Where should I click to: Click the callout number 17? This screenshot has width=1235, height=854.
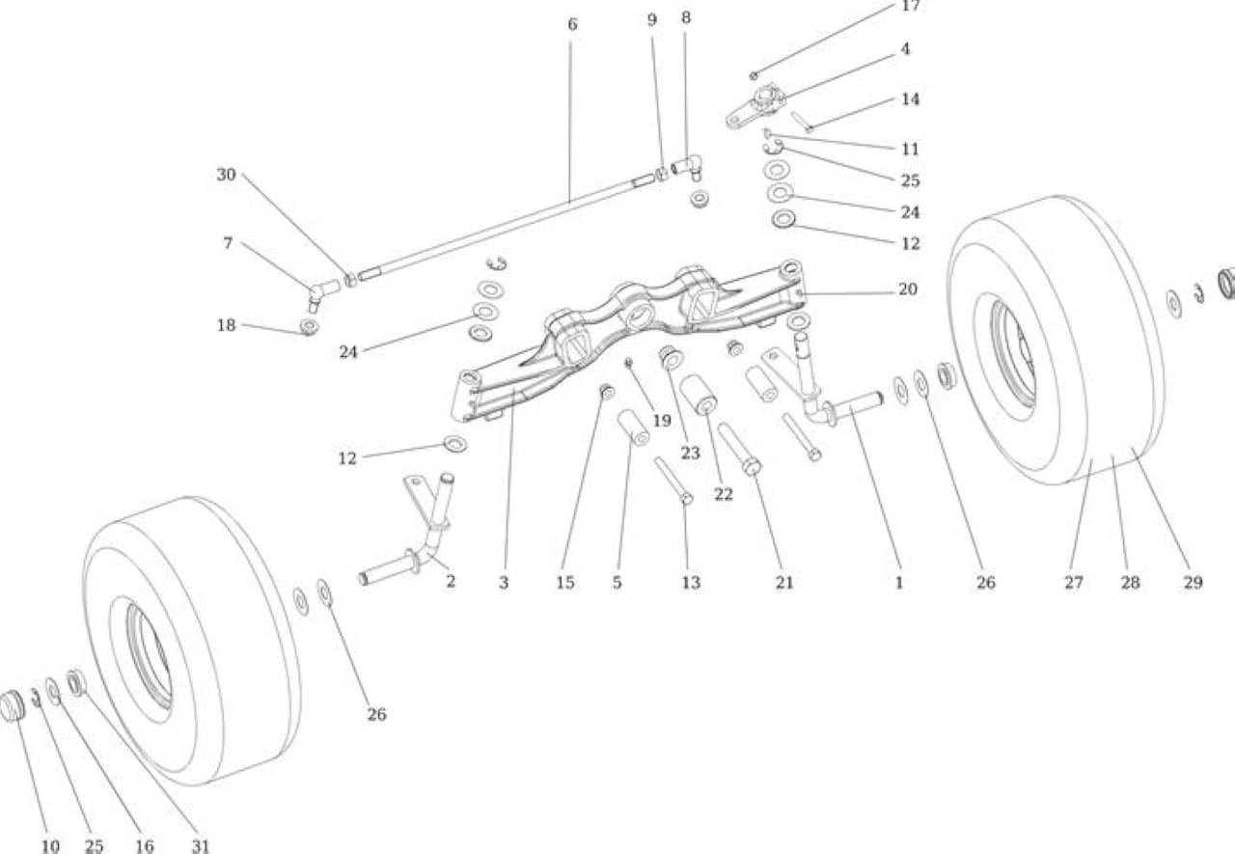(x=910, y=6)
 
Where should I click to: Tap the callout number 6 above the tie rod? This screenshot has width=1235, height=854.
(x=572, y=24)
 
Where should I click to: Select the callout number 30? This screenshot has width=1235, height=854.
(x=226, y=175)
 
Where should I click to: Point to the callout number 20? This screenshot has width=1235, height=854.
(x=908, y=289)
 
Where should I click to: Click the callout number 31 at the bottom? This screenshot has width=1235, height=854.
(x=201, y=845)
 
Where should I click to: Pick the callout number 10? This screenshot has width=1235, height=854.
(x=50, y=845)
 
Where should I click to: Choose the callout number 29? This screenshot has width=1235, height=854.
(x=1193, y=583)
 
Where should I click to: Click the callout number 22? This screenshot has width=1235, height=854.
(x=724, y=494)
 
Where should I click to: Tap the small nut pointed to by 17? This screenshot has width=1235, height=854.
(x=754, y=75)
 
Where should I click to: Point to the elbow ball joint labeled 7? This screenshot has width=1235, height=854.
(x=322, y=293)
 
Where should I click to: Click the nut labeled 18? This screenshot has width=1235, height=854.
(x=309, y=326)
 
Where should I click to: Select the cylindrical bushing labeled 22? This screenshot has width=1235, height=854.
(x=698, y=395)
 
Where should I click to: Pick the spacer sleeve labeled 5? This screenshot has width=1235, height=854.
(x=634, y=427)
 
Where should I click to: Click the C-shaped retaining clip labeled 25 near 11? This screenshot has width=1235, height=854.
(x=774, y=148)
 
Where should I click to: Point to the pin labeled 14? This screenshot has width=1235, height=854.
(x=802, y=122)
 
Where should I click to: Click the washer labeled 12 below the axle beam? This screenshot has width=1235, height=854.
(x=455, y=444)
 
